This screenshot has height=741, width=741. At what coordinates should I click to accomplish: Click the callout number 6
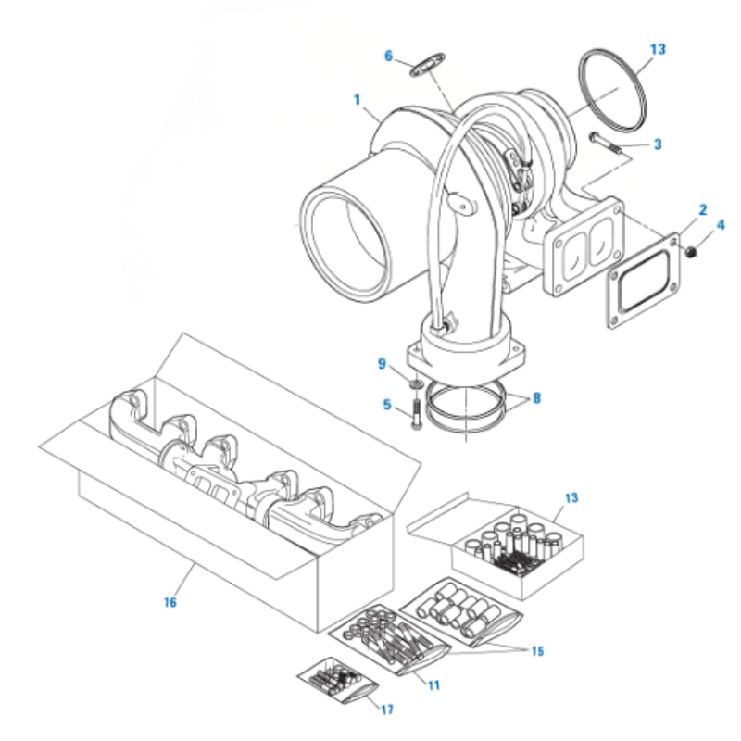[x=388, y=57]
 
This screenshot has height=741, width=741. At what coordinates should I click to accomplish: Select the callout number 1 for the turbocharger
[x=358, y=100]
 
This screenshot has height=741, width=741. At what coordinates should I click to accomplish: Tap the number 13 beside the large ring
[x=658, y=49]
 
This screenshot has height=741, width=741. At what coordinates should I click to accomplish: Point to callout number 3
[x=658, y=144]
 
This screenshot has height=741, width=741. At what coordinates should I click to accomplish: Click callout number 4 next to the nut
[x=721, y=225]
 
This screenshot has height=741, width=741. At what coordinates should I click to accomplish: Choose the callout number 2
[x=703, y=210]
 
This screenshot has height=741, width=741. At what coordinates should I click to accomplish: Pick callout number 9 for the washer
[x=382, y=364]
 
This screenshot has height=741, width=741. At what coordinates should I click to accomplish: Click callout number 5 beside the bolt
[x=387, y=405]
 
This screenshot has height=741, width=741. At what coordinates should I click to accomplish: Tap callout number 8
[x=536, y=398]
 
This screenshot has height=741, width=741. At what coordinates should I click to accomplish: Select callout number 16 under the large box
[x=170, y=603]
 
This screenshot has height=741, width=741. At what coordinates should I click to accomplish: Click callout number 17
[x=387, y=710]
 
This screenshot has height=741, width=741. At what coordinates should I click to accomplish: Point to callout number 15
[x=537, y=651]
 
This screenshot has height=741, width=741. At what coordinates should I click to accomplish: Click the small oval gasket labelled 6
[x=427, y=65]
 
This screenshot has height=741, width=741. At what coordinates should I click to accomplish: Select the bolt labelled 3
[x=605, y=144]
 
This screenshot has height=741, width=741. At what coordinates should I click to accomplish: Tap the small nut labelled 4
[x=691, y=252]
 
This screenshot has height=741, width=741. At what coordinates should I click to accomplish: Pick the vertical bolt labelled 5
[x=416, y=414]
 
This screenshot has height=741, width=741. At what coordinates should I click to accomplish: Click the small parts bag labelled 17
[x=337, y=681]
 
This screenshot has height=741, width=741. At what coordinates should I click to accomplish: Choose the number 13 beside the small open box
[x=571, y=497]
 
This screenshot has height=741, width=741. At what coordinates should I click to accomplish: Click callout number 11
[x=433, y=685]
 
